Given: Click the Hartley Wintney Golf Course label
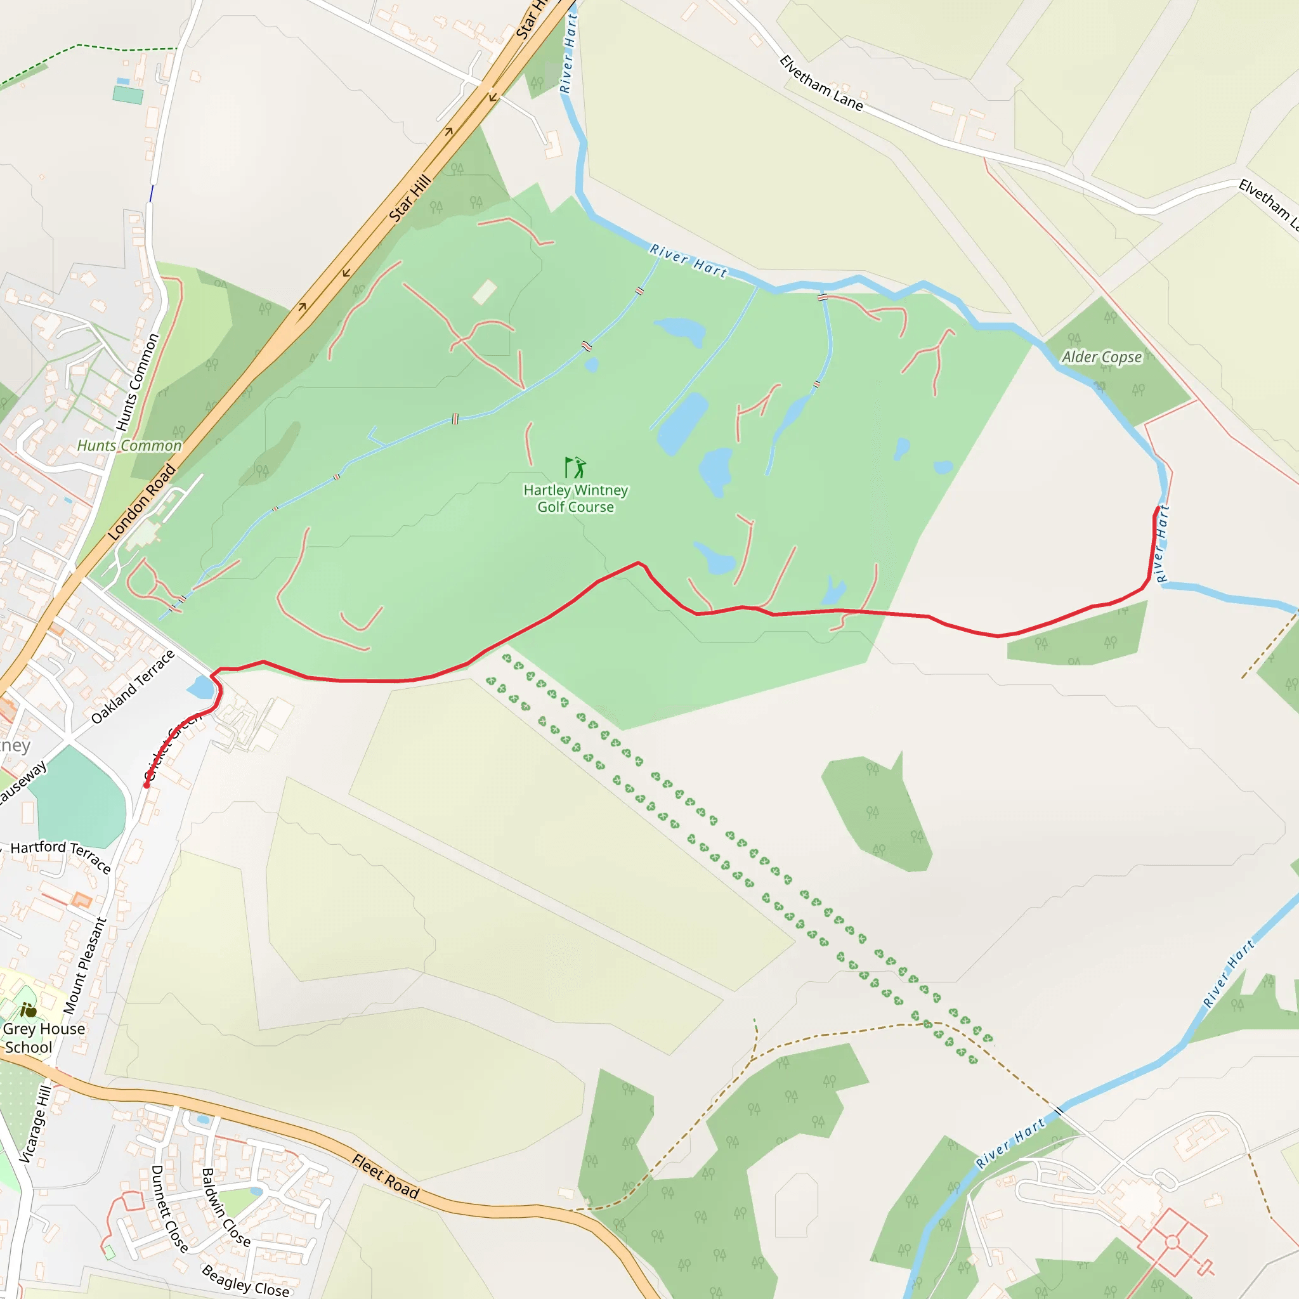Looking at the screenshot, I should click(575, 498).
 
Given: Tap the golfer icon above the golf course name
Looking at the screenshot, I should click(575, 467).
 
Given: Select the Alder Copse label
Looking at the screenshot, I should click(1101, 357).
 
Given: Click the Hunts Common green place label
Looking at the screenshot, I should click(129, 446).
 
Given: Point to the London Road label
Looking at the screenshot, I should click(142, 502).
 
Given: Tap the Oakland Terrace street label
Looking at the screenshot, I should click(133, 686).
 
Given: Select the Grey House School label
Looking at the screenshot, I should click(44, 1038).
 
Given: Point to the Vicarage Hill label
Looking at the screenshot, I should click(35, 1123).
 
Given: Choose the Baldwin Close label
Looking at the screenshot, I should click(226, 1207).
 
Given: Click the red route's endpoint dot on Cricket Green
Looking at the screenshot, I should click(147, 785).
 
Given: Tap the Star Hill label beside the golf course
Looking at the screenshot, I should click(410, 199).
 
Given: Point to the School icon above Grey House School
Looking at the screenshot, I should click(29, 1009).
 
